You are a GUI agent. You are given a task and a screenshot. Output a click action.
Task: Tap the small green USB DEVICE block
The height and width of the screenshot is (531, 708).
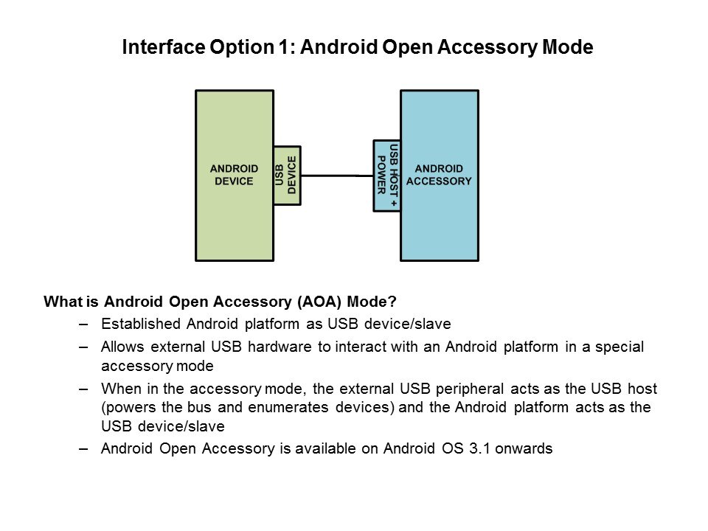pos(287,175)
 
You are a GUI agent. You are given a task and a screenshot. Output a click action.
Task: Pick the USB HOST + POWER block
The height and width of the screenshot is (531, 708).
pos(387,175)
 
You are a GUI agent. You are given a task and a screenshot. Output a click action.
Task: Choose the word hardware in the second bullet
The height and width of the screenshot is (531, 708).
pos(279,347)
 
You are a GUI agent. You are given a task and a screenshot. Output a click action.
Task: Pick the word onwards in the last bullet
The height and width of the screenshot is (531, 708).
pos(524,448)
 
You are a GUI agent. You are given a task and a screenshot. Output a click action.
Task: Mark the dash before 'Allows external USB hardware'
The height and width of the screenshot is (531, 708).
pos(83,347)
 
